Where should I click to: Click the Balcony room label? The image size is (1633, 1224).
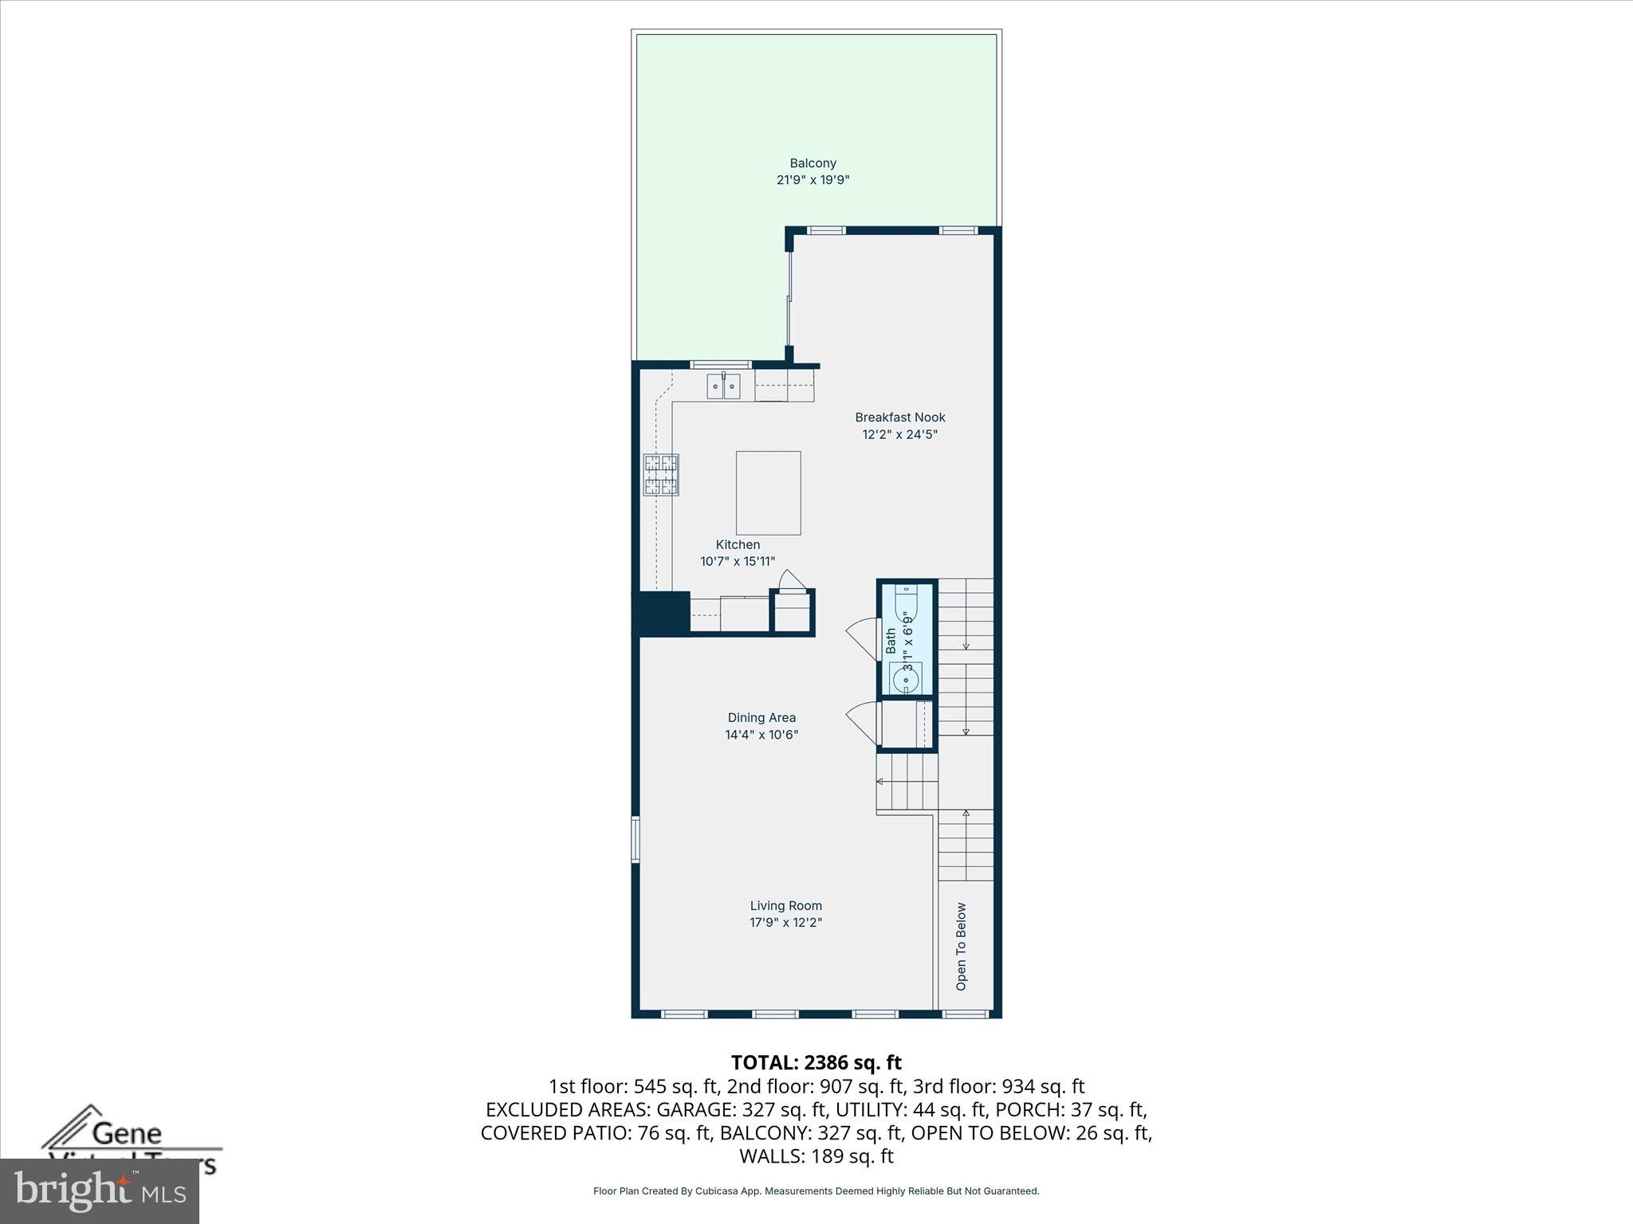(813, 163)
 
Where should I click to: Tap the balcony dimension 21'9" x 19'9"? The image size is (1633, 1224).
(813, 180)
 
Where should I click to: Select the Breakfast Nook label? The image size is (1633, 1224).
(899, 417)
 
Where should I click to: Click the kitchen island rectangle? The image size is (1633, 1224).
(768, 492)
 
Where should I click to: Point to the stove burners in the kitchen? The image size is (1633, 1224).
(661, 475)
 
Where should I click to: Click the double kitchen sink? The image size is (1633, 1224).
(723, 386)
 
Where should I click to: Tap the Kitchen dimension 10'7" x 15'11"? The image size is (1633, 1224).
(738, 561)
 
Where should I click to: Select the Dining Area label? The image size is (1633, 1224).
(761, 717)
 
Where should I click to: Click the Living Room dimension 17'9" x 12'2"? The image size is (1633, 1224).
(785, 923)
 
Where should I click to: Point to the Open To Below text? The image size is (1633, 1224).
(961, 947)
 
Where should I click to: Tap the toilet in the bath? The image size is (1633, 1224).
(907, 606)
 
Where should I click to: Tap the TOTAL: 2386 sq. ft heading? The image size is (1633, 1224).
(816, 1062)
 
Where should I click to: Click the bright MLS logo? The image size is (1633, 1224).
(100, 1191)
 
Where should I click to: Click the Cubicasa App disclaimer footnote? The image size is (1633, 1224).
(816, 1191)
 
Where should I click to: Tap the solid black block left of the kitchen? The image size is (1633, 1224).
(661, 613)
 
